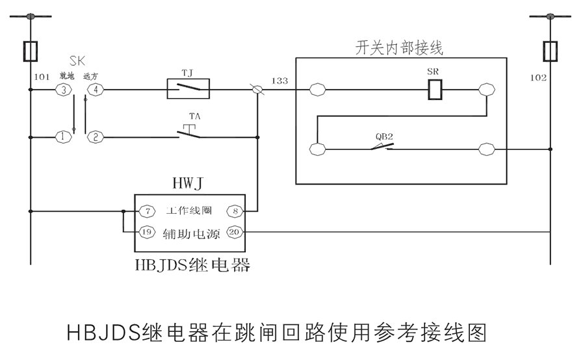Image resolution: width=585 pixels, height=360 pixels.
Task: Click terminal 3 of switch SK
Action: pos(63,90)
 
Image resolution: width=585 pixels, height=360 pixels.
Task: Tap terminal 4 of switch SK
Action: pos(96,90)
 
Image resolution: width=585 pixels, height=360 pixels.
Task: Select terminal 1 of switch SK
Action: pos(63,137)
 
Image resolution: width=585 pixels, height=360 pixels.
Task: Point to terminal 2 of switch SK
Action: pos(96,137)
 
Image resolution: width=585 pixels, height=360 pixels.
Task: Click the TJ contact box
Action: pos(188,89)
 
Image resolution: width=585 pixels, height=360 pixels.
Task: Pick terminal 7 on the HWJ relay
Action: pos(148,211)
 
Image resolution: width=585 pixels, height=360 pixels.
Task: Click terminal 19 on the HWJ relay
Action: pos(148,231)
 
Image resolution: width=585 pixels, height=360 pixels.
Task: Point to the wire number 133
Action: pos(280,81)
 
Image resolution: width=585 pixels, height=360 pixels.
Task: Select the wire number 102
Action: pos(538,77)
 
